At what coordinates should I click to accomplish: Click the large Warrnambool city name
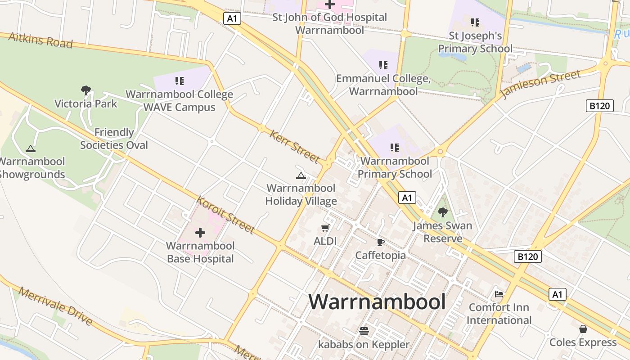377,302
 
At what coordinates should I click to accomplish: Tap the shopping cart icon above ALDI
325,228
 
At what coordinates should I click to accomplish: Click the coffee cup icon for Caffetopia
381,243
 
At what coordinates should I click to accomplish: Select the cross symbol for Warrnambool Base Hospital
200,233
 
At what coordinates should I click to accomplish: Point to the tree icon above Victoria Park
85,90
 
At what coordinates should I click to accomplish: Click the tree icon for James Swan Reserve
443,212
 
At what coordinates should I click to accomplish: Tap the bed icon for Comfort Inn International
499,294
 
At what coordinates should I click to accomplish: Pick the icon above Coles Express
583,329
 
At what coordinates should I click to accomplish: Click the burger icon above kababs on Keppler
364,331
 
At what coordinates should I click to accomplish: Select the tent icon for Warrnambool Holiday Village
301,175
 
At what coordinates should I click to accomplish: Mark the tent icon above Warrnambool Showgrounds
30,148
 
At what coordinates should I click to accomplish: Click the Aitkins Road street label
40,40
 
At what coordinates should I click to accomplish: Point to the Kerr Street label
295,146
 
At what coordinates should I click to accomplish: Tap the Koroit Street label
226,215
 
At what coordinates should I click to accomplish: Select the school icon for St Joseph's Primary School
475,22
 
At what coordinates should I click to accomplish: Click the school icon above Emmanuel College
383,65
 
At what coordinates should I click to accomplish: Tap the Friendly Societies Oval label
114,139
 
